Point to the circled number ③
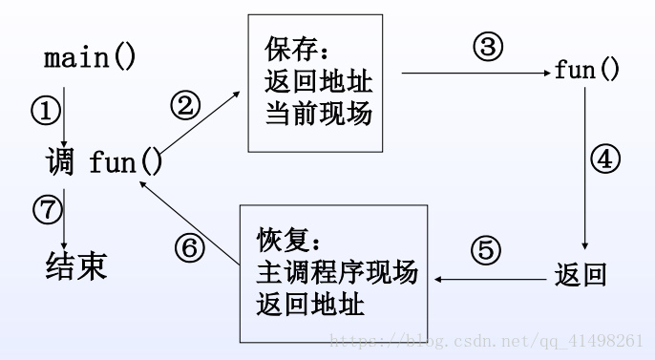[488, 48]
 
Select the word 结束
[76, 265]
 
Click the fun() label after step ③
[587, 71]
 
